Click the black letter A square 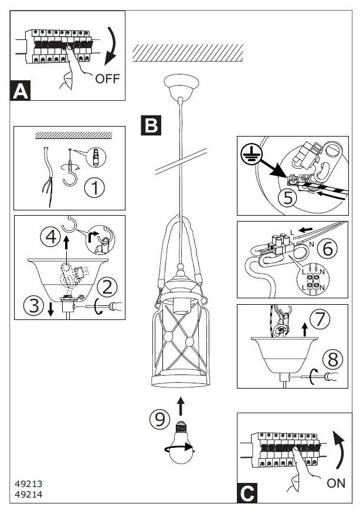pyautogui.click(x=21, y=91)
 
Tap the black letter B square pyautogui.click(x=151, y=124)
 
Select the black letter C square pyautogui.click(x=247, y=493)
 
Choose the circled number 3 pyautogui.click(x=33, y=305)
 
